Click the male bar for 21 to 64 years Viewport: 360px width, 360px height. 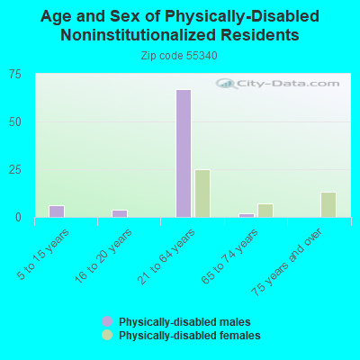184,153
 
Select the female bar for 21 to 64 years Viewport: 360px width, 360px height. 202,193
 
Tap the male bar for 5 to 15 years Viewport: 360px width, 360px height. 57,211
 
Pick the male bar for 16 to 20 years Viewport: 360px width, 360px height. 120,213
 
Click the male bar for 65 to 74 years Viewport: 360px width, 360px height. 247,215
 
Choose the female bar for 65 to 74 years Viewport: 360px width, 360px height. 265,211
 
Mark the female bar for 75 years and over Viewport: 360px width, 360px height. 328,204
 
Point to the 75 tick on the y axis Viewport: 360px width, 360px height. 15,74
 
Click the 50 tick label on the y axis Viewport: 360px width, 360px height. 15,122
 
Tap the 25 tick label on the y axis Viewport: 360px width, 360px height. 15,170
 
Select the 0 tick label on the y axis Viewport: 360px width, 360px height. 18,217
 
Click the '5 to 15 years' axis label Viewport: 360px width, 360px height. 43,255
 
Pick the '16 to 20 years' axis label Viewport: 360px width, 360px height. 103,256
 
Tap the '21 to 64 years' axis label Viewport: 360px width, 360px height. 166,256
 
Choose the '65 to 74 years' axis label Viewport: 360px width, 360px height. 229,256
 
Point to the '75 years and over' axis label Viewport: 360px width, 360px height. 286,262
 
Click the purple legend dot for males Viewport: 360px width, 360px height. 107,321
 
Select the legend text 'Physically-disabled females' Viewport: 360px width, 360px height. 190,335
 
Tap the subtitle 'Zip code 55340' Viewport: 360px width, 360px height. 179,56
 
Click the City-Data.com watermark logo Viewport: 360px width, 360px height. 277,84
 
